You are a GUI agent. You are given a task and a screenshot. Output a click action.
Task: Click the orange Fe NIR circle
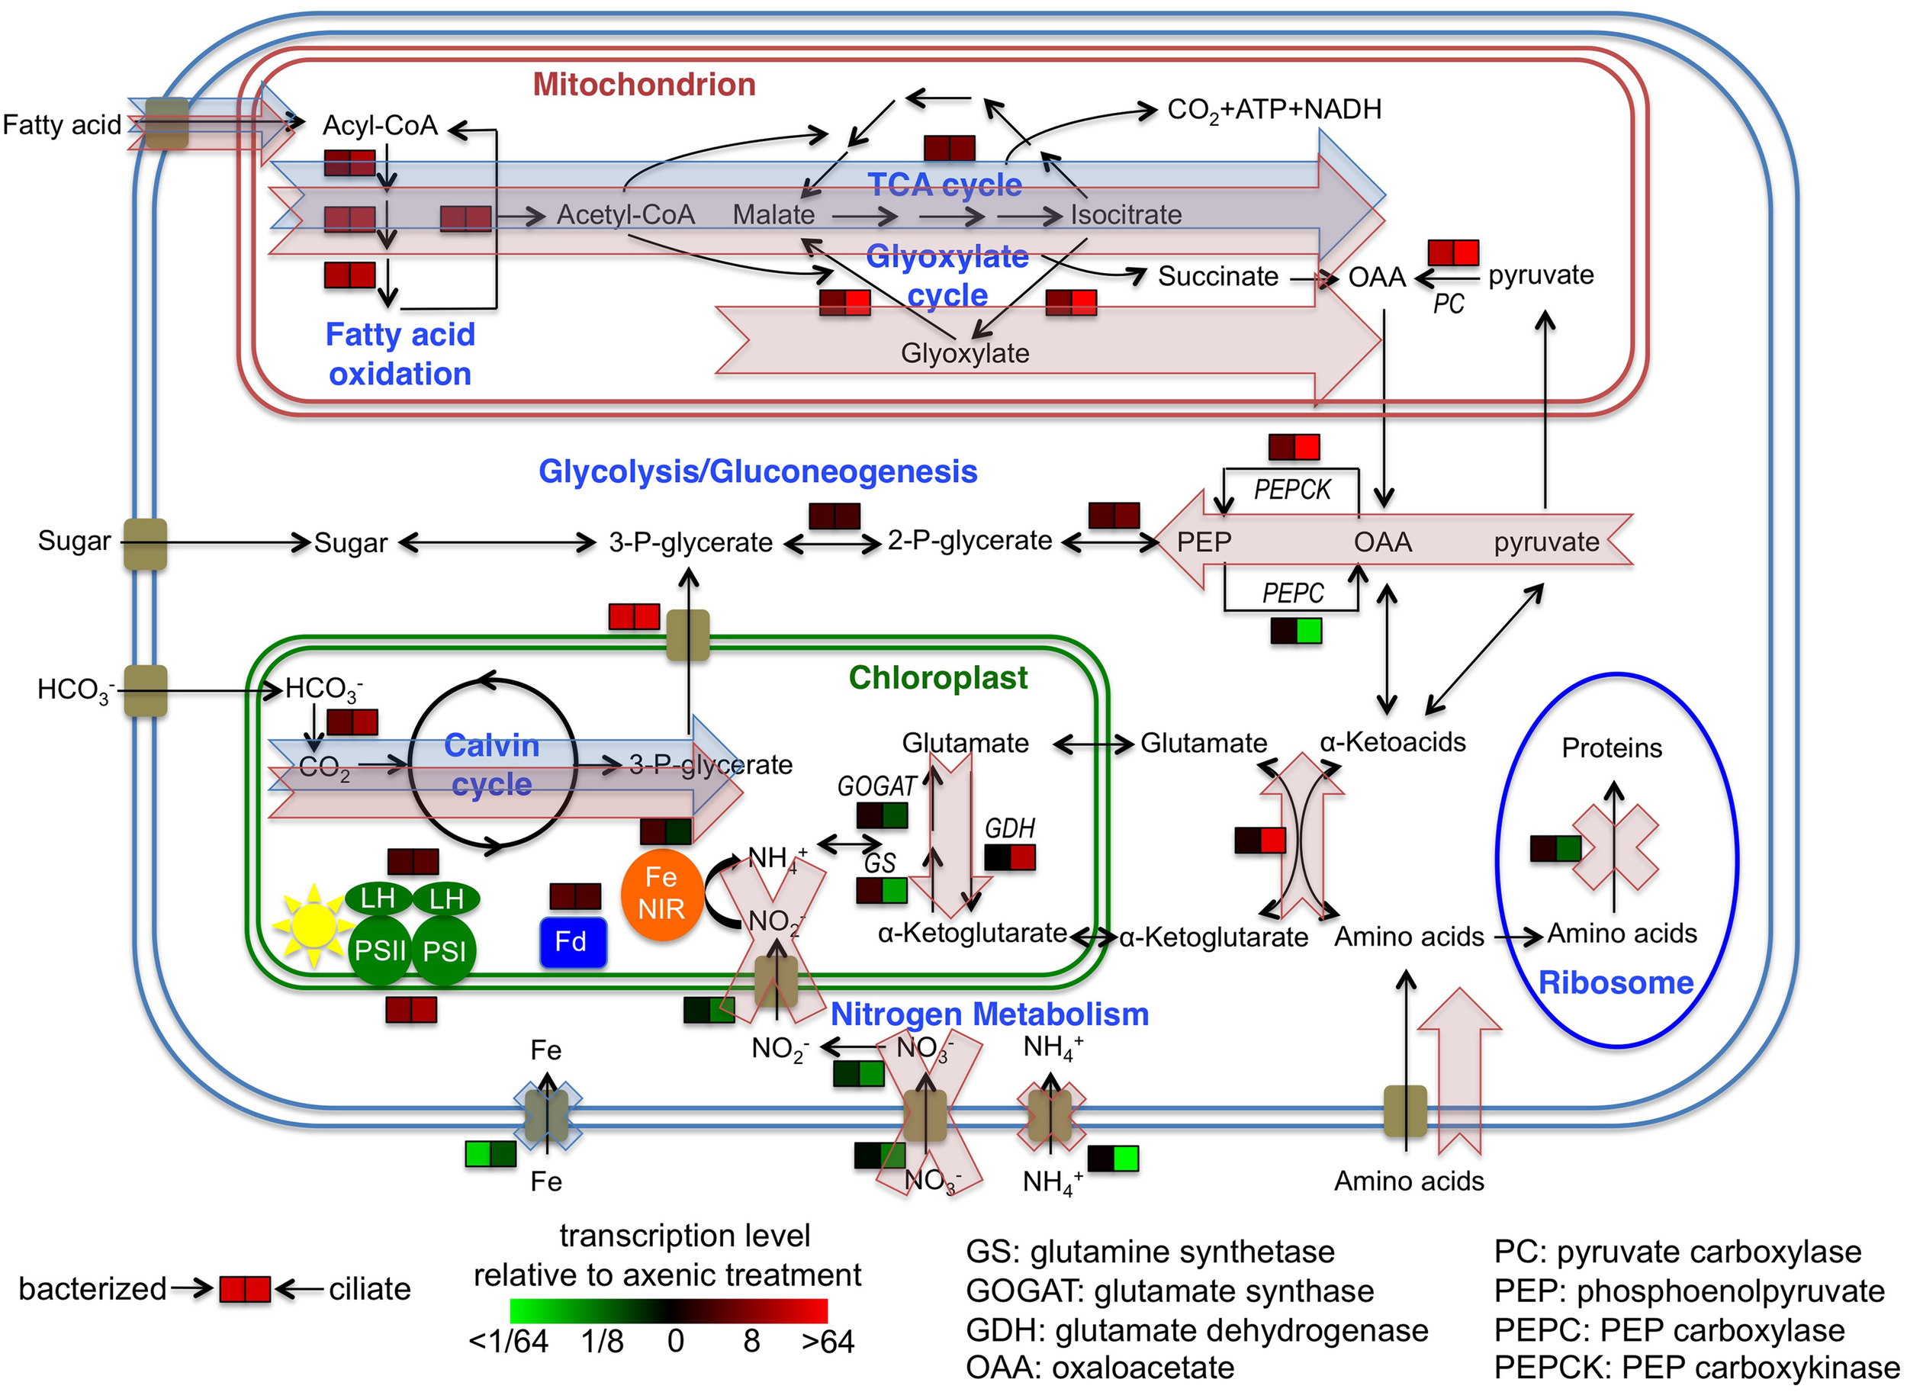(661, 894)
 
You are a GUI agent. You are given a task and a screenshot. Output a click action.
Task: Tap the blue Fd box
(572, 942)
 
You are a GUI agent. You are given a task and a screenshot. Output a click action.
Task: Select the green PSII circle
(379, 951)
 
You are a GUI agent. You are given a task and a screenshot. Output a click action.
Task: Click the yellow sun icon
(313, 926)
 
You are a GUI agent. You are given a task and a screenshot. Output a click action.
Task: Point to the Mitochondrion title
(644, 84)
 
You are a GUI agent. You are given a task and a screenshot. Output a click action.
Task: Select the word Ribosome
(1615, 982)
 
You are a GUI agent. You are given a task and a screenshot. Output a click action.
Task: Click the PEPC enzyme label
(1292, 593)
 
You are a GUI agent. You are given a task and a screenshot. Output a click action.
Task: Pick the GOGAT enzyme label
(876, 786)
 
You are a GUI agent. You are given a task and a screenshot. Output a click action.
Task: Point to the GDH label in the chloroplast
(1008, 828)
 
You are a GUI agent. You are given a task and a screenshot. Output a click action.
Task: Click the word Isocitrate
(1125, 215)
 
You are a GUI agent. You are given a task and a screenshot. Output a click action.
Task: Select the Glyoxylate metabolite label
(964, 353)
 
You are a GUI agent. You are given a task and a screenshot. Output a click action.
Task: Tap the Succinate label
(1217, 276)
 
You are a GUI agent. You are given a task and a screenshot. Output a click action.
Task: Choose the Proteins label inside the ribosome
(1611, 747)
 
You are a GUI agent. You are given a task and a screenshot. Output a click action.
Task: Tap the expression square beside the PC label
(1453, 252)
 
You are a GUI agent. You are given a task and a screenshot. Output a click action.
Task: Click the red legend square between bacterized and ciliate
(244, 1289)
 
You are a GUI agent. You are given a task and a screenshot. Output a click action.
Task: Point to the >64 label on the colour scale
(828, 1342)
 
